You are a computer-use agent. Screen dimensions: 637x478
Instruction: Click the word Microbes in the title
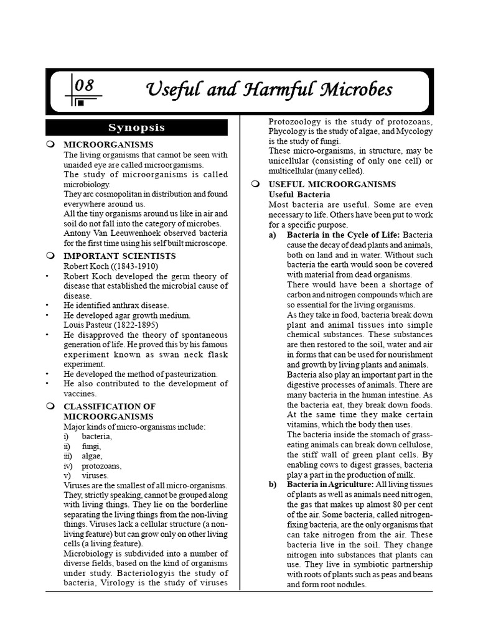(x=358, y=90)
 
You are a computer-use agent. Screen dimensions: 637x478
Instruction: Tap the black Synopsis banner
(x=137, y=128)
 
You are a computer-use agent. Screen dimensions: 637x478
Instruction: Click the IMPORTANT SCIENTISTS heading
(x=119, y=256)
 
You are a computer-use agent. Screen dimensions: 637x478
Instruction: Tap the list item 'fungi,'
(x=90, y=446)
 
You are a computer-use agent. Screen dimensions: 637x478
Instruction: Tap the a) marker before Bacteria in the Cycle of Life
(x=272, y=235)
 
